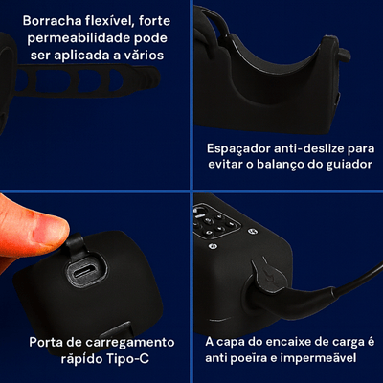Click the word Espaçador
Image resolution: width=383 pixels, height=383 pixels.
tap(238, 149)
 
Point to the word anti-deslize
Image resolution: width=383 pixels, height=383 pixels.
tap(309, 148)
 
